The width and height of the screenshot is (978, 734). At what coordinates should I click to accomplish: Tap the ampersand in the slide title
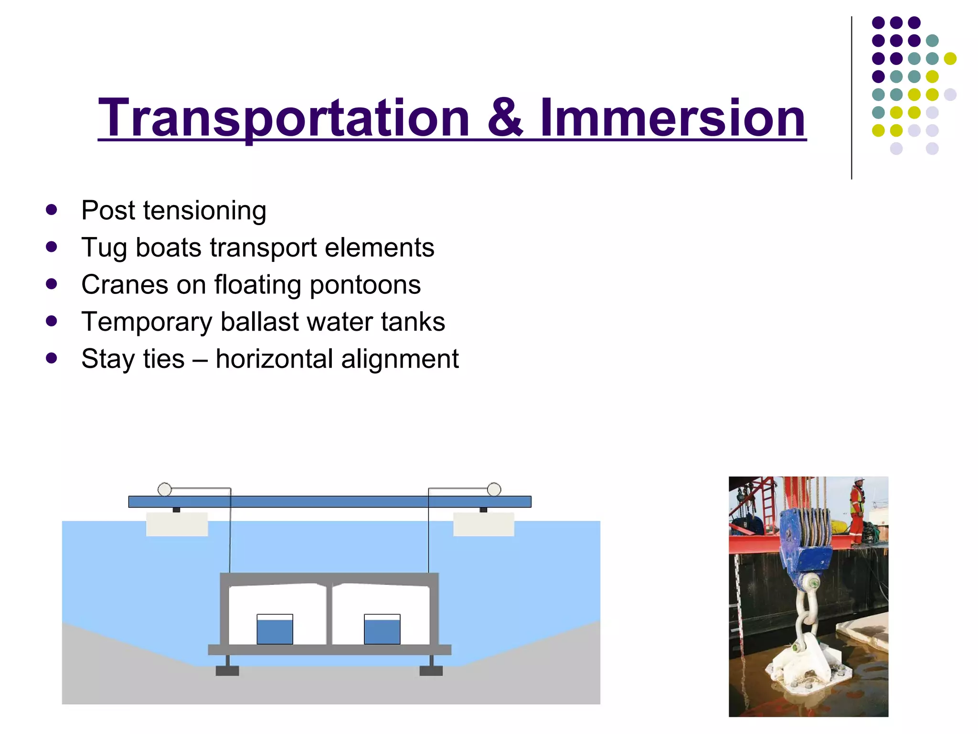(505, 118)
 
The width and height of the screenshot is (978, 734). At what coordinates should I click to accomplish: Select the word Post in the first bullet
(108, 210)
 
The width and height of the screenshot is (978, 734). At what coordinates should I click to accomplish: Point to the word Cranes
(125, 284)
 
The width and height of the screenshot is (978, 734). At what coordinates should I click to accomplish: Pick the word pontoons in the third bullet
(365, 285)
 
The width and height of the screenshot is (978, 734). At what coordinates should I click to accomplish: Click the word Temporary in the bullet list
(147, 322)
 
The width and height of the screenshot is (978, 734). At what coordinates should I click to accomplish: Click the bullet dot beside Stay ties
(52, 358)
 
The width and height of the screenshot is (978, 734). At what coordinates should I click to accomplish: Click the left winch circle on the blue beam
(164, 489)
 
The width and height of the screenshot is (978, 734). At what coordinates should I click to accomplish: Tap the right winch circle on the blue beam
(494, 489)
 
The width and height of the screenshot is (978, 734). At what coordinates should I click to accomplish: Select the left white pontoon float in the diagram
(177, 524)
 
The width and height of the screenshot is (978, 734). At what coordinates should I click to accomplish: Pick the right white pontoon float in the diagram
(483, 524)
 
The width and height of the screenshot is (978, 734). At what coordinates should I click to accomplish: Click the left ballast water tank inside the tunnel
(275, 629)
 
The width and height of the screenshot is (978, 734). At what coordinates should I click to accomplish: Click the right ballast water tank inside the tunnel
(382, 629)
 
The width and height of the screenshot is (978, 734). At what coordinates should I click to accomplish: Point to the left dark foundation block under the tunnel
(227, 670)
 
